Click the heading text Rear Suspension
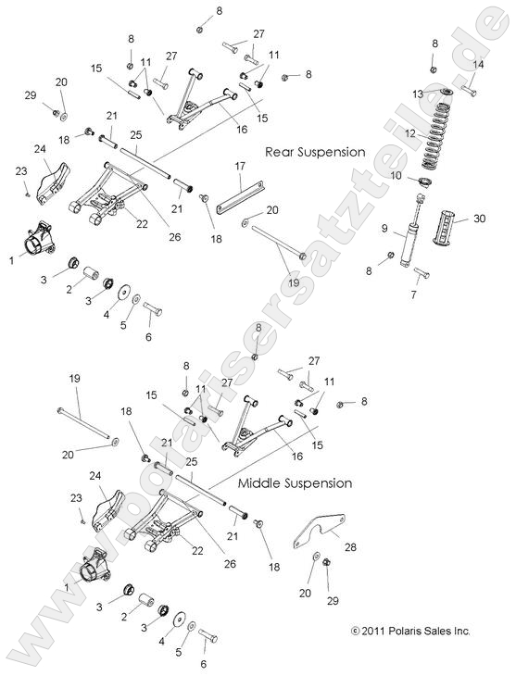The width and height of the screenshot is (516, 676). pos(315,151)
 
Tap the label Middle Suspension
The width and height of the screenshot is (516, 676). pos(295,482)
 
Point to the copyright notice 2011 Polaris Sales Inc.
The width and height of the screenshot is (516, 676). pos(410,631)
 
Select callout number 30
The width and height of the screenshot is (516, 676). pos(479,219)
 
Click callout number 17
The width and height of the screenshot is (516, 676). pos(239,166)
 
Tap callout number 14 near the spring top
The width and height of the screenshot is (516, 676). pos(479,65)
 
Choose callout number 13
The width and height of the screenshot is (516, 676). pos(417,94)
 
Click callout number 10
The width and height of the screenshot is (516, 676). pos(396,175)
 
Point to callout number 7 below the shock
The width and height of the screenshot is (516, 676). pos(414,294)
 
